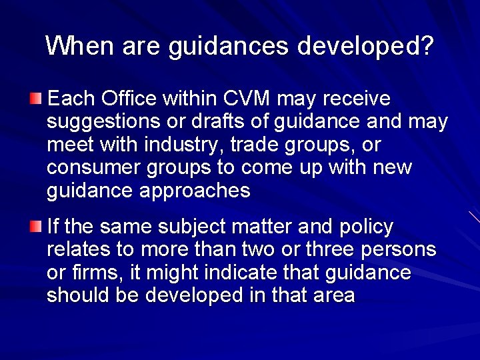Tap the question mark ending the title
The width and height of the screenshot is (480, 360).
click(427, 46)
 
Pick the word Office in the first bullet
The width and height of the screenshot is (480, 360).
click(127, 99)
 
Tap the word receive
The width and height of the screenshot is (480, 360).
click(357, 99)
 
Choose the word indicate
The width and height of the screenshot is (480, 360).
click(259, 273)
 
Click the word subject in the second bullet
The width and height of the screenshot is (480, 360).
click(190, 227)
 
